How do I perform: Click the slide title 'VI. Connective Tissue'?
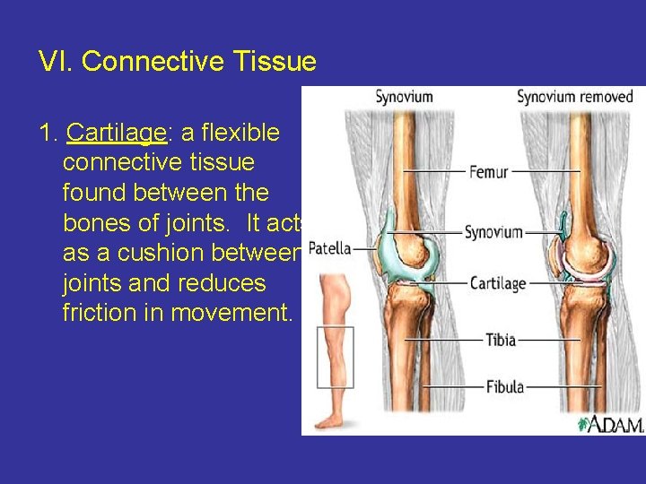coord(177,62)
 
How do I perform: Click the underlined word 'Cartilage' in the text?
coord(117,134)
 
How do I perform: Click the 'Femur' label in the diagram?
coord(489,170)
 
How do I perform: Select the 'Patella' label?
coord(328,248)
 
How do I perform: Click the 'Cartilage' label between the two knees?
coord(498,283)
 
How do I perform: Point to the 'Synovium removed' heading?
coord(575,97)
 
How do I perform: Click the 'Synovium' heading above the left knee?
coord(404,97)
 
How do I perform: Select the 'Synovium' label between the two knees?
coord(493,232)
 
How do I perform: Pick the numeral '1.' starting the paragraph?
coord(48,134)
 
